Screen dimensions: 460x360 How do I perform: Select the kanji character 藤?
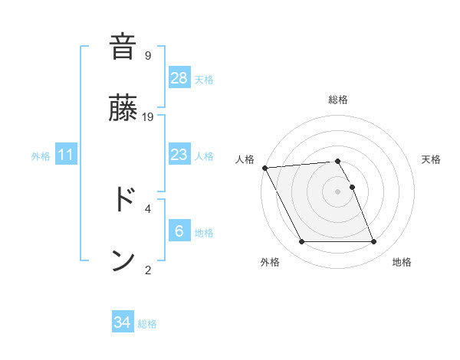click(x=123, y=109)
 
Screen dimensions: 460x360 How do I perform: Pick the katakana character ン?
click(x=123, y=260)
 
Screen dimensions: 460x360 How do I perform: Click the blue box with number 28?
click(x=179, y=77)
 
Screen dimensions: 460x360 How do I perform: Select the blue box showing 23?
click(x=179, y=155)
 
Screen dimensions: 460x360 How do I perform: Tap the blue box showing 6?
click(x=179, y=231)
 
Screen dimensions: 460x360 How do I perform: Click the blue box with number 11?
click(x=67, y=155)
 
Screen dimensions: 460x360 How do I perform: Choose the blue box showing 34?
click(x=123, y=322)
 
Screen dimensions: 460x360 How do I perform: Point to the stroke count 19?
click(x=148, y=117)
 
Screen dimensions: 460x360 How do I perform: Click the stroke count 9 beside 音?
click(x=148, y=55)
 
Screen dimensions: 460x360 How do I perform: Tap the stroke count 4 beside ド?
click(x=148, y=208)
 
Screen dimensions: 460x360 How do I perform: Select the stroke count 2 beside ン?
click(x=148, y=270)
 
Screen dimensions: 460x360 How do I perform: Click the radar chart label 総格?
click(x=338, y=100)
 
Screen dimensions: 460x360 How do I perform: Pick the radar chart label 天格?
click(x=431, y=159)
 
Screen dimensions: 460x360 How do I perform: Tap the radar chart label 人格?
click(x=245, y=159)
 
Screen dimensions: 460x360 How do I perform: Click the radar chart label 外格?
click(x=270, y=263)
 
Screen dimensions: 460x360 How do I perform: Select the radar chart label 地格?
click(x=402, y=263)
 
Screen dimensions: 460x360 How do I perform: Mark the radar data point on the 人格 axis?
click(x=264, y=168)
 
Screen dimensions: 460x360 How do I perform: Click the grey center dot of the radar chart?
click(x=338, y=191)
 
